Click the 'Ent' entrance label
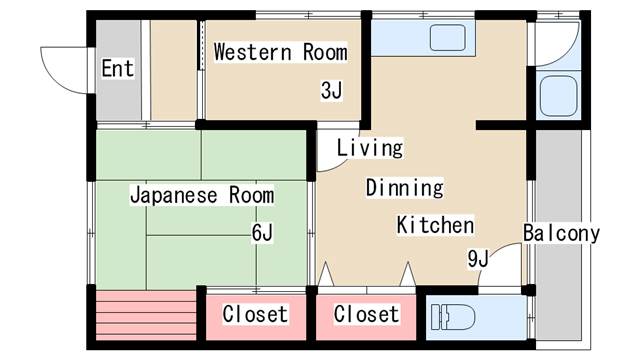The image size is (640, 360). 117,69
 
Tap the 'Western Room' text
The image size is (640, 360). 280,52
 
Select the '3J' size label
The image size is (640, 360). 332,91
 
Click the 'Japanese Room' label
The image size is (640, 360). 202,195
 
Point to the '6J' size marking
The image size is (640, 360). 262,233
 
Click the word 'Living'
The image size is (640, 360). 369,148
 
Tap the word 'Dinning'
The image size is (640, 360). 403,187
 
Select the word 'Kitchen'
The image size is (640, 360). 435,224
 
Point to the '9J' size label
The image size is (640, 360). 478,259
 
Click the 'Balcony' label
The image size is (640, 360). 561,234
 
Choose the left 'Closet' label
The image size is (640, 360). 255,314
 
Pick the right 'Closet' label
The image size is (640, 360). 366,314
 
